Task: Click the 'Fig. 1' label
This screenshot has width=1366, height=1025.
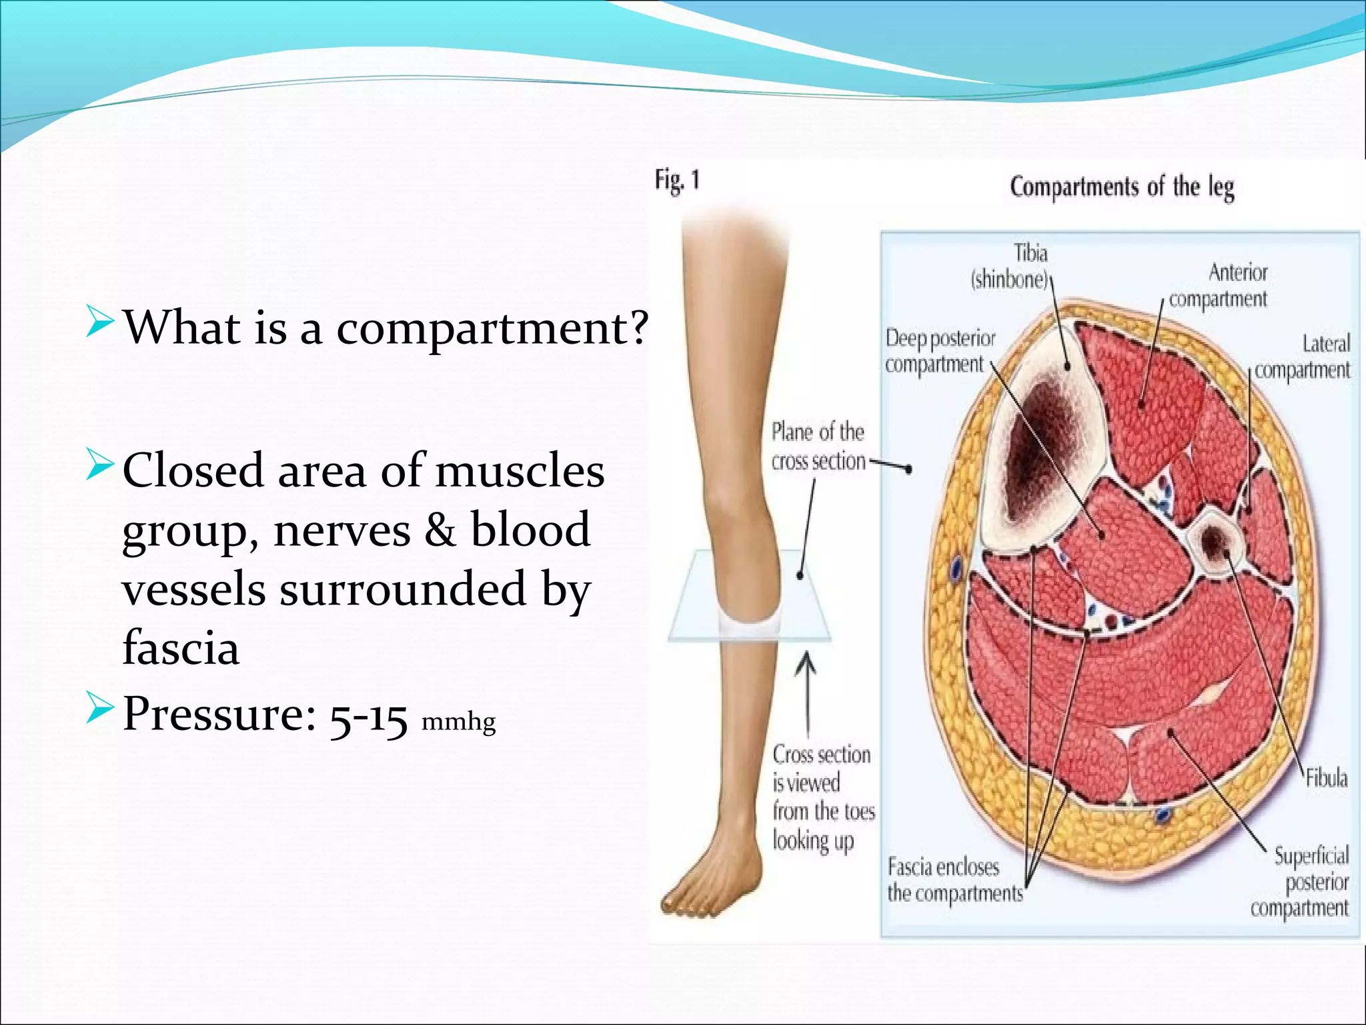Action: (x=677, y=181)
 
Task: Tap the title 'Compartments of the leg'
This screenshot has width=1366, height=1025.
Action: (x=1122, y=187)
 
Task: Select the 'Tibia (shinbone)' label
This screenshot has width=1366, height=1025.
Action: (x=1011, y=266)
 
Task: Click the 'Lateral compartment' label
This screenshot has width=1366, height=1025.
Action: (x=1303, y=356)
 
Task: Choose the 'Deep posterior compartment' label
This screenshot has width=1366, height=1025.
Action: (x=939, y=351)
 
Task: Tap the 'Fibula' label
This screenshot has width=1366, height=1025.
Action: (x=1326, y=777)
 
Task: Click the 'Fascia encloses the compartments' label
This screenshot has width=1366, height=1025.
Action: (x=954, y=880)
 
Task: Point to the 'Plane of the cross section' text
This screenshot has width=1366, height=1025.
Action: (x=818, y=446)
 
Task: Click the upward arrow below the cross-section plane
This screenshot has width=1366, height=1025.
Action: (x=807, y=694)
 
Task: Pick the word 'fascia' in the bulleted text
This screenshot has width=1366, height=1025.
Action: (x=181, y=647)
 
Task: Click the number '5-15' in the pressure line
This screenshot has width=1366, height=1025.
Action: (x=368, y=717)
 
